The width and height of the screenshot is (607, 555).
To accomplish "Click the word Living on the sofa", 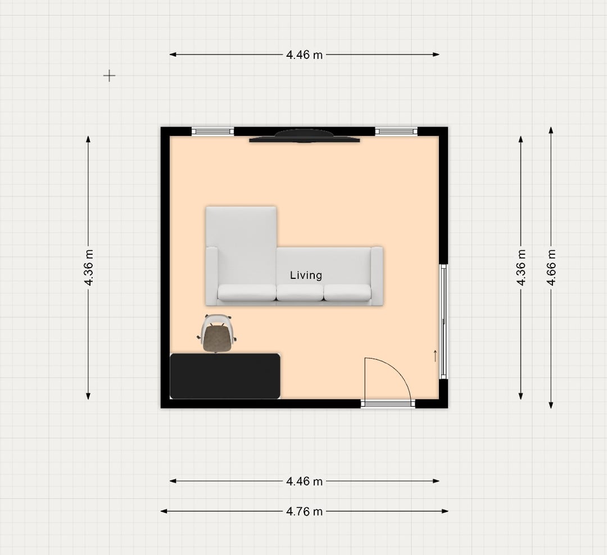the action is [x=306, y=276].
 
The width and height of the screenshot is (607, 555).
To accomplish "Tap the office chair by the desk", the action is [x=217, y=333].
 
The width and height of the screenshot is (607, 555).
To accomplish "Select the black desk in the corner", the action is [x=225, y=376].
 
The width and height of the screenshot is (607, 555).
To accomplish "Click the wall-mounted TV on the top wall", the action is [x=304, y=136].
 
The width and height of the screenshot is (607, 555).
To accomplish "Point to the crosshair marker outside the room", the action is [x=110, y=75].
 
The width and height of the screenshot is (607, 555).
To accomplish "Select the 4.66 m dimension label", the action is [x=551, y=268].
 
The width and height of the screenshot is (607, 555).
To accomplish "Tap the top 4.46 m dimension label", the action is [x=304, y=55].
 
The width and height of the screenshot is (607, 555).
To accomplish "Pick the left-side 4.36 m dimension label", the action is [x=89, y=268].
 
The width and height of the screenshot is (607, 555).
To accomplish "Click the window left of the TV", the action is [x=213, y=132].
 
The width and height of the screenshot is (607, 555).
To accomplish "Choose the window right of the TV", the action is [x=396, y=132].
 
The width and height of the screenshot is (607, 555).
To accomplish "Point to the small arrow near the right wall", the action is [x=435, y=356].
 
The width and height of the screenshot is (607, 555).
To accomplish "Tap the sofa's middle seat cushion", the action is [x=300, y=292].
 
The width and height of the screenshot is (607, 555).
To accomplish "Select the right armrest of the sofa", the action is [x=377, y=276].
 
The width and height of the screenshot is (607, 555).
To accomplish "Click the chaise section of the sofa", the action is [x=241, y=248].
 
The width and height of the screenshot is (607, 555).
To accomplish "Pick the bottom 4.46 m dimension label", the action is [x=304, y=481].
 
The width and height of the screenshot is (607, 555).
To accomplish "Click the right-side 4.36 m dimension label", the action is [x=521, y=268].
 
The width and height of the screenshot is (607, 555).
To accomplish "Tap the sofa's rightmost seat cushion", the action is [x=347, y=292].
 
